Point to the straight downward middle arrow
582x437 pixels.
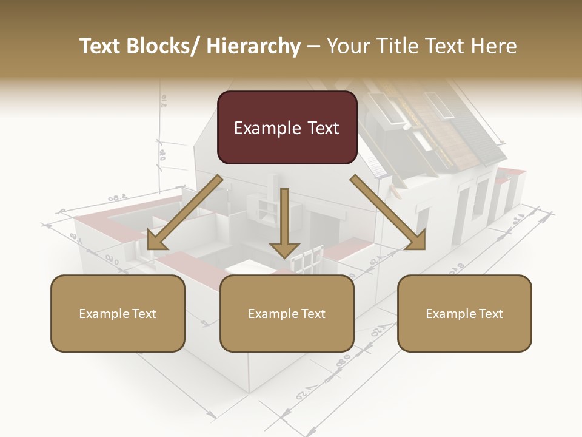(x=284, y=225)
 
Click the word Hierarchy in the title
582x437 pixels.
(x=253, y=46)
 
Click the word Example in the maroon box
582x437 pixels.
(x=267, y=128)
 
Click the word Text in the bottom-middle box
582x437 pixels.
(x=312, y=314)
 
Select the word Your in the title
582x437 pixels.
(x=346, y=46)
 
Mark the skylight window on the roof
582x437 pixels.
(x=439, y=104)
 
